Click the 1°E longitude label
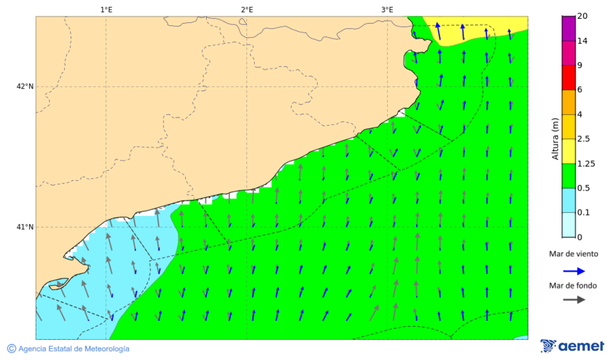(106, 9)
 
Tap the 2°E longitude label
(247, 9)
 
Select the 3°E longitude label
(387, 9)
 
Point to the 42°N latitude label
(25, 86)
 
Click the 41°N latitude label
(25, 227)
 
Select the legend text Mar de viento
(574, 254)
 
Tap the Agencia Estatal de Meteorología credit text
(74, 349)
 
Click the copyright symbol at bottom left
(11, 349)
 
